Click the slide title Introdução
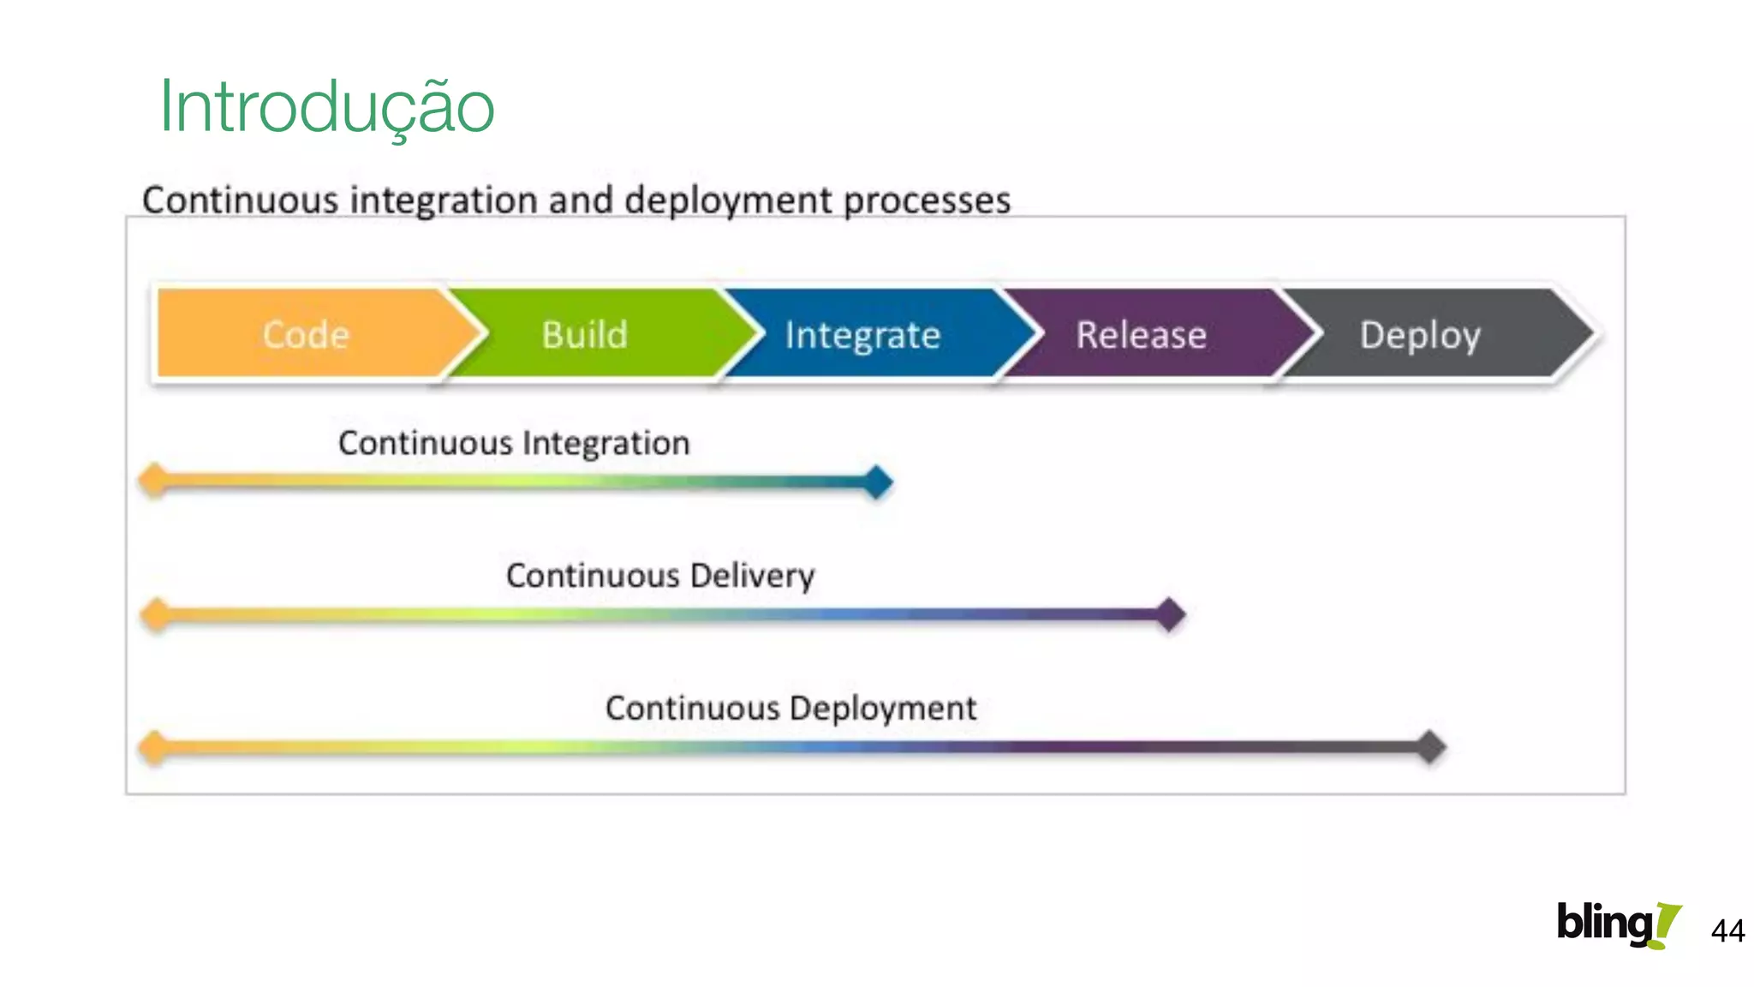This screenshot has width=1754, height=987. (326, 107)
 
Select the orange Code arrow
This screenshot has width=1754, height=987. (306, 334)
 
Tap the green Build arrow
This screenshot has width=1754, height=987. (585, 334)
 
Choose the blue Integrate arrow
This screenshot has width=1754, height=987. (862, 334)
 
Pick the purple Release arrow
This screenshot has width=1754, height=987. (1141, 334)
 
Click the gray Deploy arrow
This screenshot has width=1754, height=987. (1420, 334)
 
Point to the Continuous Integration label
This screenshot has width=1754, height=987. (514, 443)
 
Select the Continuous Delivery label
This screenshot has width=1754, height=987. (660, 576)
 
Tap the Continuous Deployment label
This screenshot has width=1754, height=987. (790, 709)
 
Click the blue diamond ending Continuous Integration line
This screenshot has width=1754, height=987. (877, 482)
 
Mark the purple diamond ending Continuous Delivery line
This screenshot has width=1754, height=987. (1169, 614)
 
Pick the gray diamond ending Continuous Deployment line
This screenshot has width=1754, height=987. (1429, 747)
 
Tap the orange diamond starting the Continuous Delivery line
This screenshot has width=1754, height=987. (156, 614)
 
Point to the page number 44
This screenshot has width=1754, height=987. (1727, 930)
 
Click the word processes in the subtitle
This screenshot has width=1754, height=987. (927, 200)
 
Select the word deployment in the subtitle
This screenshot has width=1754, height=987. (728, 200)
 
